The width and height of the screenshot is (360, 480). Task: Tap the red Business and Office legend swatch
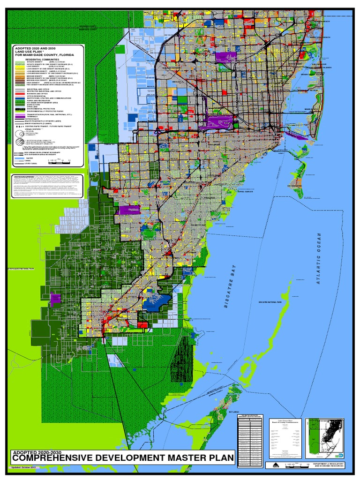click(20, 93)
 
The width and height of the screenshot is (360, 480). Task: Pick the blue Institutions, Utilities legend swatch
click(20, 98)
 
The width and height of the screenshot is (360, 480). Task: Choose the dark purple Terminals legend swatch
click(20, 116)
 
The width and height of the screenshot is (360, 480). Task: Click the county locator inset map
click(325, 431)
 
